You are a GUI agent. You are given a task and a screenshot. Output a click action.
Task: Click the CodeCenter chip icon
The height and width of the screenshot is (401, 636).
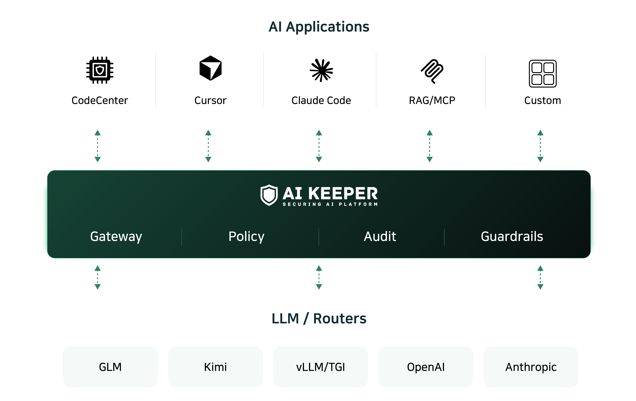(x=100, y=70)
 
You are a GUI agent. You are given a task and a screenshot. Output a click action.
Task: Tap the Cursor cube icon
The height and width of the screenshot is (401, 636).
(x=210, y=68)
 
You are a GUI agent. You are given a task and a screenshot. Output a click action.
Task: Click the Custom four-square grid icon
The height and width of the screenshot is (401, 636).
(x=543, y=73)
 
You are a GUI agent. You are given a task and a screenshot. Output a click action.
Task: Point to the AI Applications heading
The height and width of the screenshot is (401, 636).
(x=319, y=27)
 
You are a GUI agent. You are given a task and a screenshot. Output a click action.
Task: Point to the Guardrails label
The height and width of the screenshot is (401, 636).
(x=512, y=236)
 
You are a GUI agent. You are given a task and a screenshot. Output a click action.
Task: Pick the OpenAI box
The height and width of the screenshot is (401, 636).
(x=426, y=367)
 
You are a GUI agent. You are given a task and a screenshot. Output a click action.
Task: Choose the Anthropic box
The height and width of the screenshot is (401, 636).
(x=531, y=367)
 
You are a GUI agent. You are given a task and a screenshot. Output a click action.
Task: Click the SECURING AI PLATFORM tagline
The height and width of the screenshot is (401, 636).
(x=330, y=204)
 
